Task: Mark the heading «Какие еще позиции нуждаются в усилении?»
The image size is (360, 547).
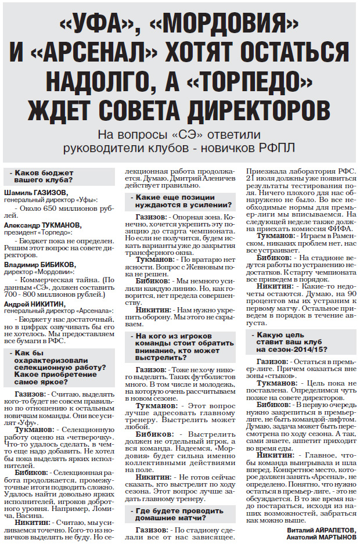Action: tap(175, 201)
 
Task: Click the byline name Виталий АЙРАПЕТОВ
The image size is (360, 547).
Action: tap(320, 530)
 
